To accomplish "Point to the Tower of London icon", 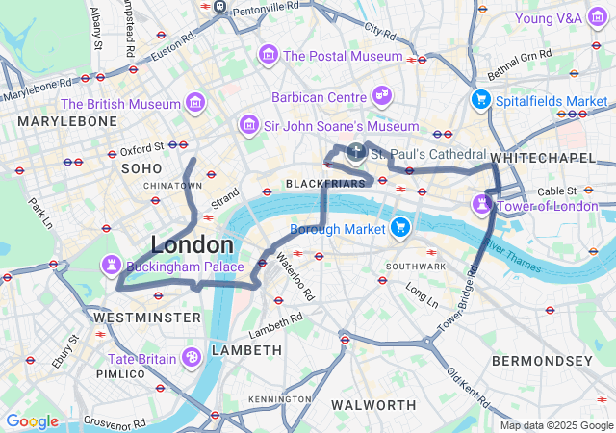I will [x=480, y=205].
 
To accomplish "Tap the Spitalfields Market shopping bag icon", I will [x=480, y=100].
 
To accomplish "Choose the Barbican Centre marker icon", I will [x=382, y=96].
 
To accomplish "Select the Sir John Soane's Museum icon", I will [x=249, y=125].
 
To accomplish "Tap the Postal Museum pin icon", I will [x=267, y=55].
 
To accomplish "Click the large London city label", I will [x=192, y=244].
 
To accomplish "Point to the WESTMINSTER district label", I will [x=146, y=317].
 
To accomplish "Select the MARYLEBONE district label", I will [x=66, y=122].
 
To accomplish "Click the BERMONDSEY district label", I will [x=543, y=360].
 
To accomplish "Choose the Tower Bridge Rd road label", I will [x=458, y=303].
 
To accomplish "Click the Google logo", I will [x=32, y=421].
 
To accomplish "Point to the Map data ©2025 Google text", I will [x=555, y=425].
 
